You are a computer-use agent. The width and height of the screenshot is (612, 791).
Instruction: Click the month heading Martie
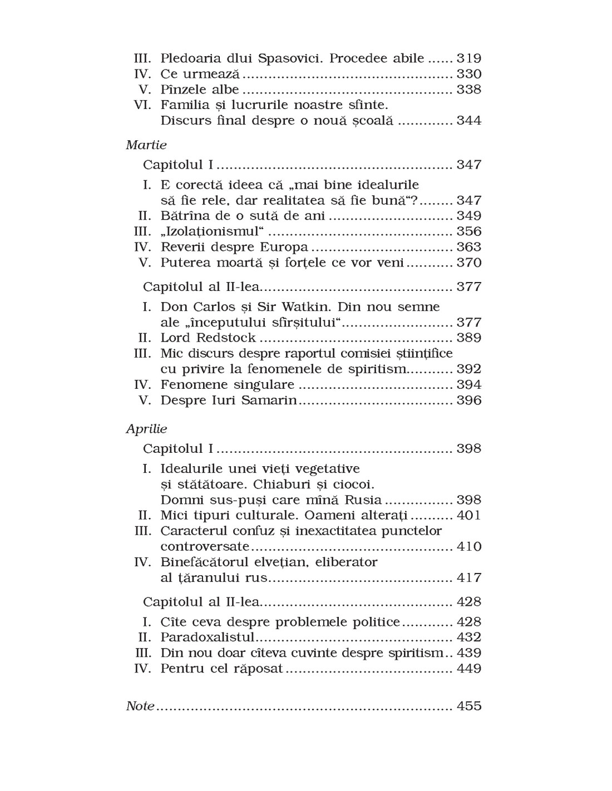coord(146,145)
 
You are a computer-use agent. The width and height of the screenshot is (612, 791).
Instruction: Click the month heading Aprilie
coord(146,429)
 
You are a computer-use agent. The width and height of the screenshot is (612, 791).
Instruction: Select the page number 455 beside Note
coord(468,706)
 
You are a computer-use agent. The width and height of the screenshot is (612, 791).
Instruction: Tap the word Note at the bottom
coord(140,706)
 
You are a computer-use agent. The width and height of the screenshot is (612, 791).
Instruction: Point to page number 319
coord(468,58)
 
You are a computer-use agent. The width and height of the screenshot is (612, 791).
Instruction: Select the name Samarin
coord(269,401)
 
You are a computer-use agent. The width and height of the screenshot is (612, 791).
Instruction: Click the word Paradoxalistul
coord(207,637)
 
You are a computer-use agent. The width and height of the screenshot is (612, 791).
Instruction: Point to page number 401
coord(468,515)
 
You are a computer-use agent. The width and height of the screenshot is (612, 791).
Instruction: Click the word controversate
coord(205,546)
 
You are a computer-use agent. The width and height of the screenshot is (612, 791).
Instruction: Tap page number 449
coord(468,669)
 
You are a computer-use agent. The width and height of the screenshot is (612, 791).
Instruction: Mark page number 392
coord(468,369)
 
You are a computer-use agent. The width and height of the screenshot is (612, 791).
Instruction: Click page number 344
coord(468,121)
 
